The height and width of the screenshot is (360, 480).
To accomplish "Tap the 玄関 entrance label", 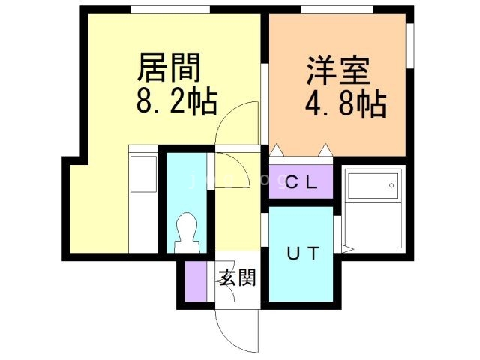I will [238, 278].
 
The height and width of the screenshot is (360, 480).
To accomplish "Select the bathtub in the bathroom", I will [373, 211].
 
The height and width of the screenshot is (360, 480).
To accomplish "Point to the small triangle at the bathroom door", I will [346, 247].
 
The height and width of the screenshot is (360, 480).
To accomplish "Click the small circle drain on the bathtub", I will [391, 183].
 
